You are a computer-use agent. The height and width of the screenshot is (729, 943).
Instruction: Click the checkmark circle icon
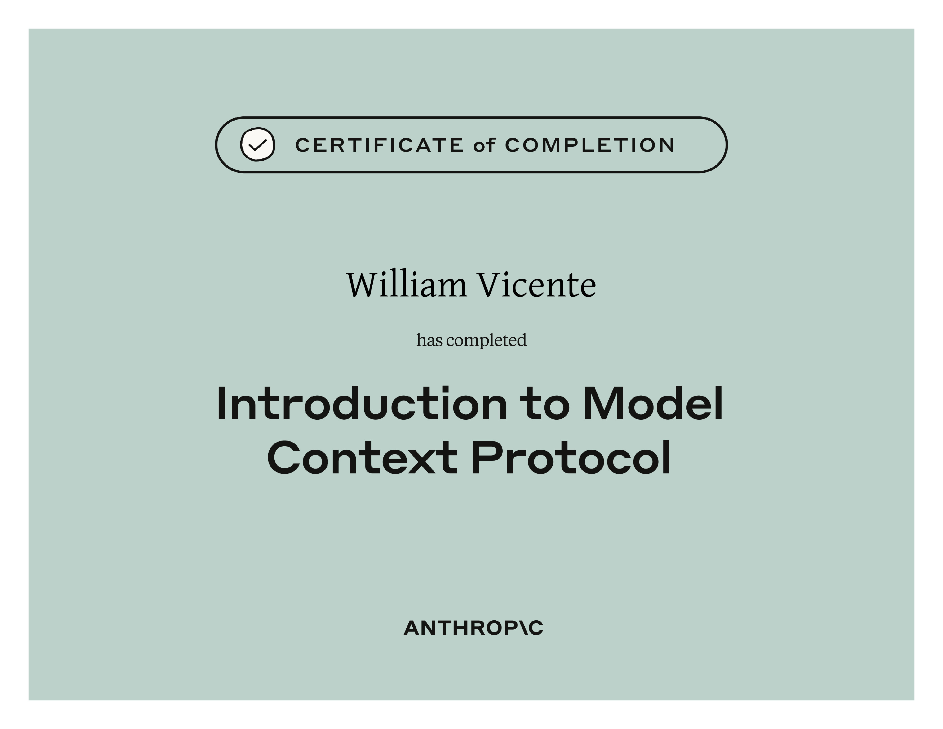coord(257,145)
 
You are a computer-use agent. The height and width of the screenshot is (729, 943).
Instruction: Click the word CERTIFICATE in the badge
coord(379,145)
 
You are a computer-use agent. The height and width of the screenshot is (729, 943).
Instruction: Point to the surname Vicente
coord(537,285)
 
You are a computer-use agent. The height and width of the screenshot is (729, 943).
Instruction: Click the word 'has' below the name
coord(429,340)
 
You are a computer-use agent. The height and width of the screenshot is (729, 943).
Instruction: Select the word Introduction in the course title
coord(362,403)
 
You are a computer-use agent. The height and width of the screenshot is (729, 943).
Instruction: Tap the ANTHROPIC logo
coord(473,628)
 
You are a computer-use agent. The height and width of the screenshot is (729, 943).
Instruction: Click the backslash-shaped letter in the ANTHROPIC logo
coord(522,628)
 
